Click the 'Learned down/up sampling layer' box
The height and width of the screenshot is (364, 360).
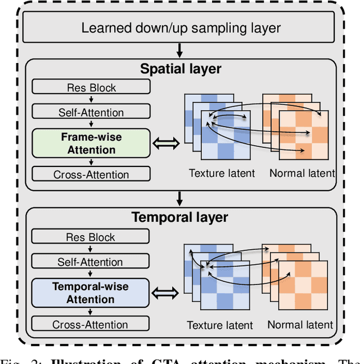point(181,28)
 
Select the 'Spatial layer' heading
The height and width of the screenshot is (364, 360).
point(180,69)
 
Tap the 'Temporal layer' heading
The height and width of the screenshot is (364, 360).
point(180,217)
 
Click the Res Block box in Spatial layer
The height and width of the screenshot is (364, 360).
point(91,87)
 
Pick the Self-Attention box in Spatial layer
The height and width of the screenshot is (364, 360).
point(91,112)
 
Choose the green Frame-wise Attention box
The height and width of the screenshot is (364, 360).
point(91,143)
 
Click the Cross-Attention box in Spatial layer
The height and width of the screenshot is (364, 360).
point(91,174)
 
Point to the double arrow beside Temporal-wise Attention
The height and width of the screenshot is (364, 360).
point(167,293)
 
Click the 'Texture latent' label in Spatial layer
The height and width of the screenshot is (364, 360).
point(222,173)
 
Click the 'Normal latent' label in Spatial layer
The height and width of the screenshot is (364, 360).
point(301,173)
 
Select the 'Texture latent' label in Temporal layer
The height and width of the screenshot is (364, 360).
point(219,325)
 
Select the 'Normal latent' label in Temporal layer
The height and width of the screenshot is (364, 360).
point(300,325)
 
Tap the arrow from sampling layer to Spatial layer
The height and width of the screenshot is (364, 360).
point(179,52)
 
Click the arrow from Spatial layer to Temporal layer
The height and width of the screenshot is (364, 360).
point(179,199)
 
